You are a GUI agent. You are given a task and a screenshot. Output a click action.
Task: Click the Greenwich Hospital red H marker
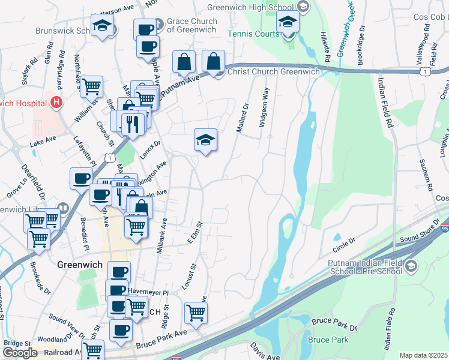pyautogui.click(x=56, y=103)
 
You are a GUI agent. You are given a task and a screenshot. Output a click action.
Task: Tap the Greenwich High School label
pyautogui.click(x=251, y=8)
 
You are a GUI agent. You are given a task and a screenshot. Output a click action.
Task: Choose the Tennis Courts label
pyautogui.click(x=253, y=34)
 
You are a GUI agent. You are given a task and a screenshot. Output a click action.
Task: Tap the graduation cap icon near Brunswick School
pyautogui.click(x=103, y=26)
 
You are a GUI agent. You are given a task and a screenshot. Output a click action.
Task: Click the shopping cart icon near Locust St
pyautogui.click(x=196, y=312)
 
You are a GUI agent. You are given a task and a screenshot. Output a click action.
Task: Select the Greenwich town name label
pyautogui.click(x=79, y=265)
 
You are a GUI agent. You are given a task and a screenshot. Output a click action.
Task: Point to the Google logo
pyautogui.click(x=20, y=353)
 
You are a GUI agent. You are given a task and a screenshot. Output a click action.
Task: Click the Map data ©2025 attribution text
pyautogui.click(x=423, y=355)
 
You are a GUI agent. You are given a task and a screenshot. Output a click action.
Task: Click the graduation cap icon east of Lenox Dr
pyautogui.click(x=205, y=140)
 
